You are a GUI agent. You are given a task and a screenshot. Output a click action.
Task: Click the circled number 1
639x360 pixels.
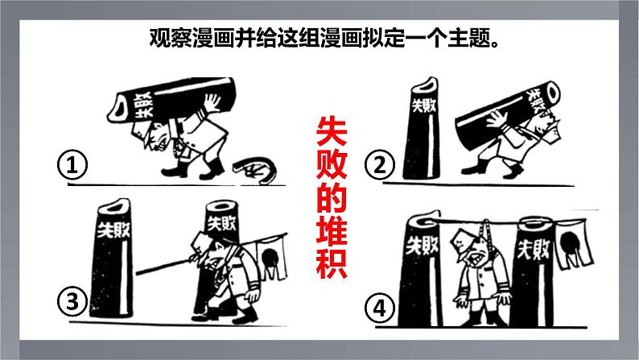pyautogui.click(x=72, y=166)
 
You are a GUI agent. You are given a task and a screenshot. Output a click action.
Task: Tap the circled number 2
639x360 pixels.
pyautogui.click(x=379, y=165)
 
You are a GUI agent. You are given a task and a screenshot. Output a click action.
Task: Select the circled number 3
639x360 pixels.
pyautogui.click(x=72, y=303)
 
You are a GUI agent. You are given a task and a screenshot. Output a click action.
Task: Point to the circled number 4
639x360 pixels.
pyautogui.click(x=379, y=308)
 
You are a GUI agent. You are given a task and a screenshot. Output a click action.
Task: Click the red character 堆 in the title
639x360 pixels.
pyautogui.click(x=332, y=230)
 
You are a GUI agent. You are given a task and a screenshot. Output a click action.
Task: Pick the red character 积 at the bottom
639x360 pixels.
pyautogui.click(x=332, y=263)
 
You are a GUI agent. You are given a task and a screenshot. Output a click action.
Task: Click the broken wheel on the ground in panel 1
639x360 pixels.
pyautogui.click(x=255, y=170)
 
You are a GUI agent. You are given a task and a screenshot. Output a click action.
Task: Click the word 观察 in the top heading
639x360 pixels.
pyautogui.click(x=171, y=39)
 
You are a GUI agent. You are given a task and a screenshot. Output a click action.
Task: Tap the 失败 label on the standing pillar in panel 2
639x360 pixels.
pyautogui.click(x=424, y=106)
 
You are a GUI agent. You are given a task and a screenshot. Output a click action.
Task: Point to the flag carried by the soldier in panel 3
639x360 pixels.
pyautogui.click(x=269, y=258)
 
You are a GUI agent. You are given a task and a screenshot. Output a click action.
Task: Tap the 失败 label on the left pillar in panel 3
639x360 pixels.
pyautogui.click(x=113, y=230)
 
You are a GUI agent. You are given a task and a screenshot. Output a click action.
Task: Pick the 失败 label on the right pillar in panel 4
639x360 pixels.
pyautogui.click(x=534, y=249)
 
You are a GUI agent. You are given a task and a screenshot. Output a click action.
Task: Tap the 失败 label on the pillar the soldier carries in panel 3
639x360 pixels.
pyautogui.click(x=221, y=223)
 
